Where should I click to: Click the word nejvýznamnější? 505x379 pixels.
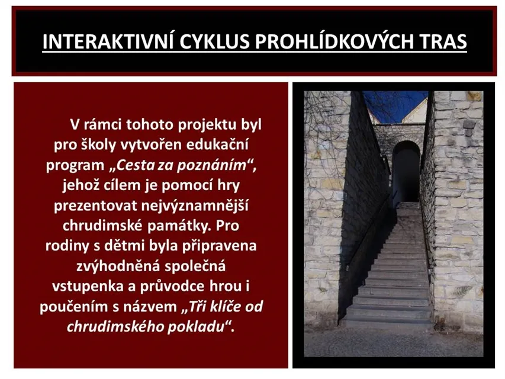click(x=195, y=205)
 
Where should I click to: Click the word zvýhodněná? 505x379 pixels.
click(x=118, y=266)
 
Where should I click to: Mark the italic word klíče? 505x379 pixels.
click(x=226, y=306)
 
